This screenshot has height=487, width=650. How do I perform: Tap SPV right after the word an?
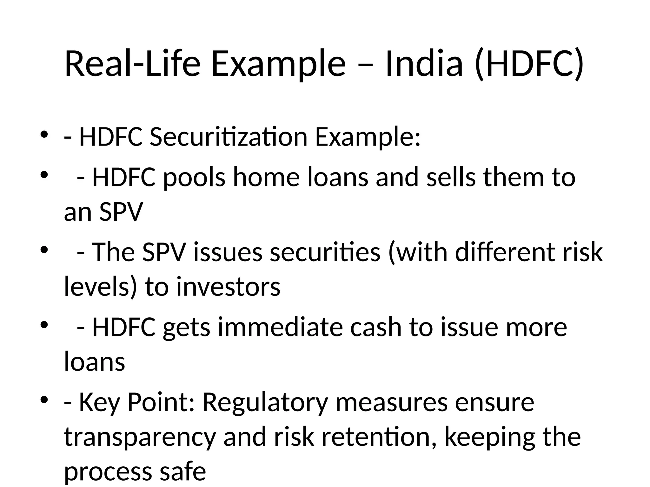[x=121, y=212]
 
